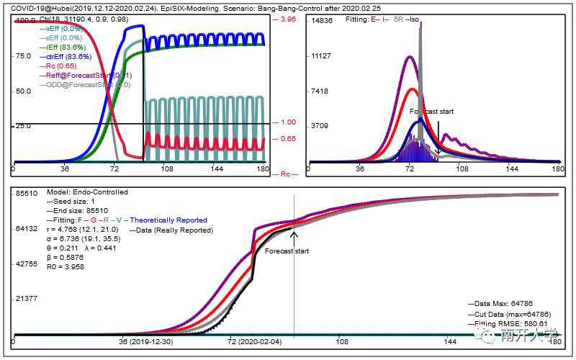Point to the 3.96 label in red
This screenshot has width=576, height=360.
tap(287, 19)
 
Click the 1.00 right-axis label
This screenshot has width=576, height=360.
tap(287, 122)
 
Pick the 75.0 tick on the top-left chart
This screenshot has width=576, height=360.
tap(24, 55)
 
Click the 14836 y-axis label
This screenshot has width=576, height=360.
tap(321, 21)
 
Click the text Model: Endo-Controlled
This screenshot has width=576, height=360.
tap(87, 192)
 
